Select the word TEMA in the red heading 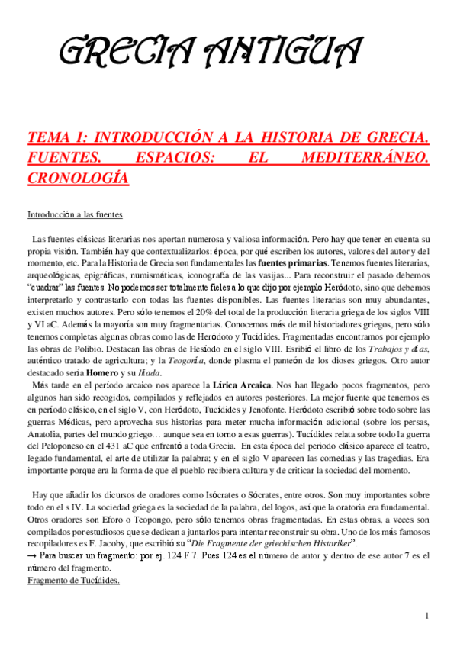[47, 138]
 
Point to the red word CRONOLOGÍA [78, 179]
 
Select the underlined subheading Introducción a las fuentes [75, 215]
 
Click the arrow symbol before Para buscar [31, 556]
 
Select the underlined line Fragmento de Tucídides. [73, 581]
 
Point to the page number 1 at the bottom [427, 616]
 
